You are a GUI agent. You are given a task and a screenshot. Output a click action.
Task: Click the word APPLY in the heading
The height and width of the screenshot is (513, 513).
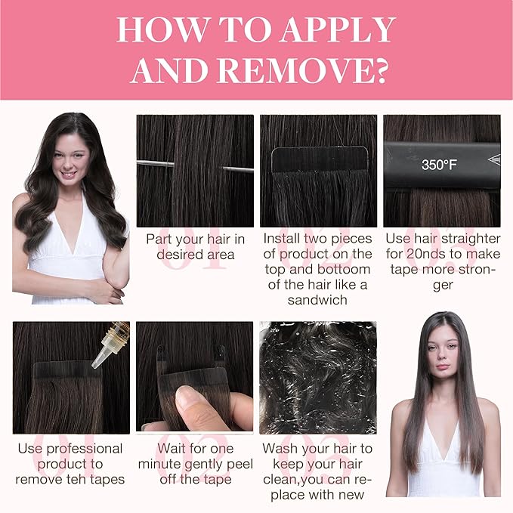(338, 29)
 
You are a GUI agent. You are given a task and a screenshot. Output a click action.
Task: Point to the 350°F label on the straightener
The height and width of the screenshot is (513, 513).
(439, 164)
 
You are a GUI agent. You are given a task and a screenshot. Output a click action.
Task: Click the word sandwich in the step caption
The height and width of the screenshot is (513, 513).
(317, 300)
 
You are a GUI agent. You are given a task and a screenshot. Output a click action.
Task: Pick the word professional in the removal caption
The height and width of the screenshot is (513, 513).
(85, 450)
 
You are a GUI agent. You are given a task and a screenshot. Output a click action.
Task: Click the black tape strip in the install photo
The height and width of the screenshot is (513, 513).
(320, 160)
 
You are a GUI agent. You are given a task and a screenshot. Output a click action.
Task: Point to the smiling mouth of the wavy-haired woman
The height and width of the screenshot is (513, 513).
(69, 174)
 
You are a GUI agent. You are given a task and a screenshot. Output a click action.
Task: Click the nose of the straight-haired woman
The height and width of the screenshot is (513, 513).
(443, 357)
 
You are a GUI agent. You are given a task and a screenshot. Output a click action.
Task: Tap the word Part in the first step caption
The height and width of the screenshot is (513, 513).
(159, 240)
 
